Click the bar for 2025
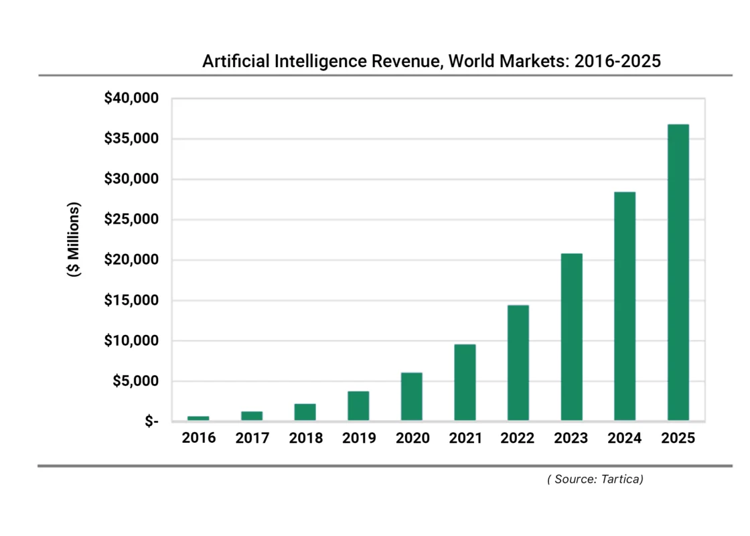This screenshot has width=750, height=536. click(x=678, y=273)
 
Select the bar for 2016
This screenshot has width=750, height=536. click(x=198, y=418)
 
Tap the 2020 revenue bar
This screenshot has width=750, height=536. click(x=412, y=397)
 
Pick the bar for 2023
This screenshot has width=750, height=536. click(x=571, y=337)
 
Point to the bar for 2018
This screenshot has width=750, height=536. click(x=305, y=412)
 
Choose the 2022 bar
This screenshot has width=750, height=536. click(x=518, y=363)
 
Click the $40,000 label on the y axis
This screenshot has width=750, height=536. click(x=131, y=98)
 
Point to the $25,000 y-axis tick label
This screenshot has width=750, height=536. click(x=131, y=220)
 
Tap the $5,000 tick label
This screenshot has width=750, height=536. click(x=135, y=381)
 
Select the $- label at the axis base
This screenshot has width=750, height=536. click(x=151, y=421)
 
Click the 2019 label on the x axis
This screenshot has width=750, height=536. click(x=359, y=438)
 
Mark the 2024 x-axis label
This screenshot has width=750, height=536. click(x=624, y=438)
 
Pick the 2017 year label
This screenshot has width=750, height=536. click(x=252, y=438)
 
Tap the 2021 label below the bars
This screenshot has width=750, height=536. click(x=465, y=438)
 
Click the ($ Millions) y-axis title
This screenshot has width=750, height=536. click(x=74, y=239)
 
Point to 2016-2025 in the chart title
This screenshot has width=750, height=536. click(x=617, y=61)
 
